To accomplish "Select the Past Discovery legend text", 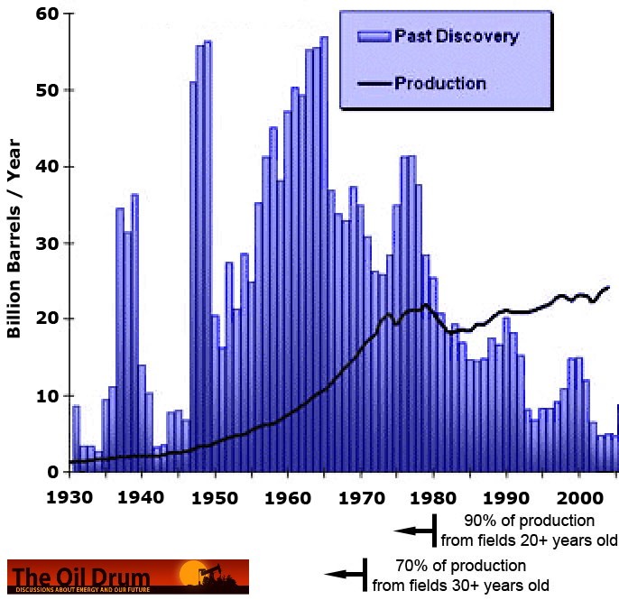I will coord(456,36).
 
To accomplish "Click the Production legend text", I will coord(440,83).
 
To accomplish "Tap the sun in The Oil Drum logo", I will coord(191,571).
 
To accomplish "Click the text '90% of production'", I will coord(530,522).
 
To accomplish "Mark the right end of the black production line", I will coord(609,287).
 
